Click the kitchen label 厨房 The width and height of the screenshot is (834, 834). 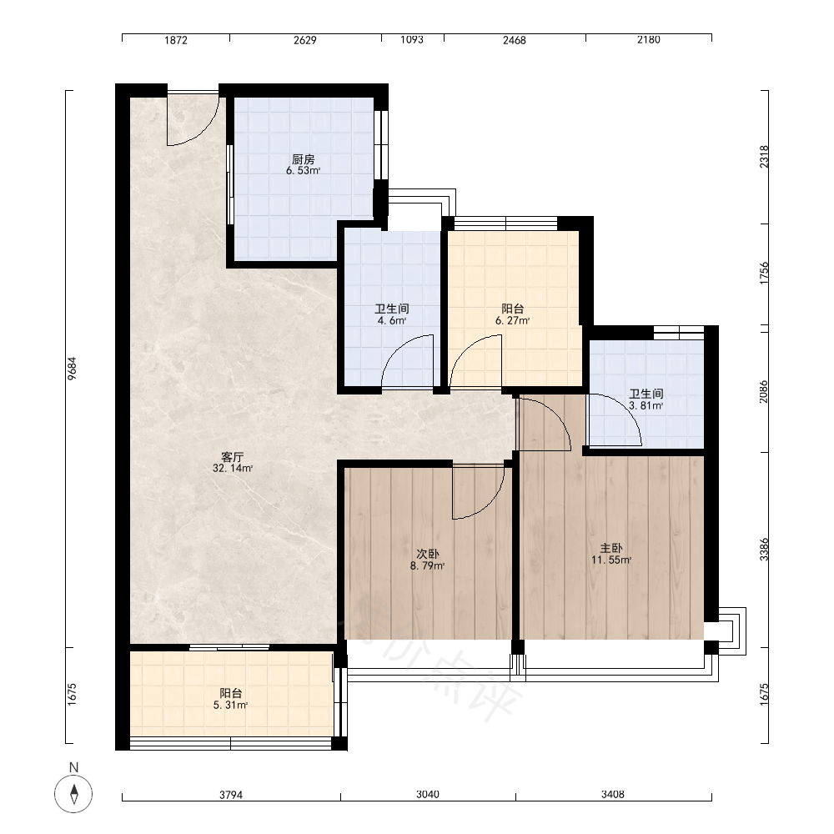(304, 159)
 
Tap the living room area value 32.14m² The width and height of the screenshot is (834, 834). (233, 469)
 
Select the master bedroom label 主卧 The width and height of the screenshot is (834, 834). (611, 549)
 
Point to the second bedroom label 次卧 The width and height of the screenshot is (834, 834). (428, 555)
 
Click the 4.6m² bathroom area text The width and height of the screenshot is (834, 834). (392, 321)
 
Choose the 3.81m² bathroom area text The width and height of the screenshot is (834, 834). (646, 406)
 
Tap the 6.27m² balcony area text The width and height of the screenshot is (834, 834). (513, 321)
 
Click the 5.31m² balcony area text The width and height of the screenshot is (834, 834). (231, 706)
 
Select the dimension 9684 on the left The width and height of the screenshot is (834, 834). (73, 368)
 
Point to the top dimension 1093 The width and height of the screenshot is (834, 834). (412, 39)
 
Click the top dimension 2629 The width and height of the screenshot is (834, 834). (304, 40)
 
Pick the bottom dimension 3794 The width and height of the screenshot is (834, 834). (231, 795)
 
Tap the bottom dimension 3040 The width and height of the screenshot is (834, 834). (428, 794)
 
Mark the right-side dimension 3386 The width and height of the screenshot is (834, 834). (764, 550)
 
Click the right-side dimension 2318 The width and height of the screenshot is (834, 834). (764, 157)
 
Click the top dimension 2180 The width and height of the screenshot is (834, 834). (648, 39)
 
